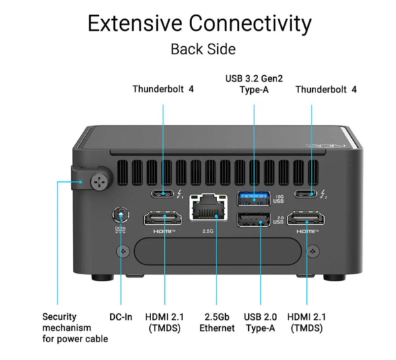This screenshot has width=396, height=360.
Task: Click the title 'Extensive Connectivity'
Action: [x=199, y=24]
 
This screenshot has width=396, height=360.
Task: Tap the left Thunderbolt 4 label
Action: [x=163, y=89]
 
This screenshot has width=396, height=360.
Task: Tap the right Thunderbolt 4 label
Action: [x=326, y=89]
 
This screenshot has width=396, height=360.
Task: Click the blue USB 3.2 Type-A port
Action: [x=253, y=196]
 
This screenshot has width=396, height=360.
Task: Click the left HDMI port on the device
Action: [x=164, y=220]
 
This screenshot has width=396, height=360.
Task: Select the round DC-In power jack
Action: [x=120, y=214]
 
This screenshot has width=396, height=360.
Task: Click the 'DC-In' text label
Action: [x=121, y=316]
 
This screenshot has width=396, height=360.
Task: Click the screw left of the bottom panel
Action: [x=121, y=251]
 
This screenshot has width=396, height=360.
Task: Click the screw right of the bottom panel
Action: [x=313, y=251]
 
